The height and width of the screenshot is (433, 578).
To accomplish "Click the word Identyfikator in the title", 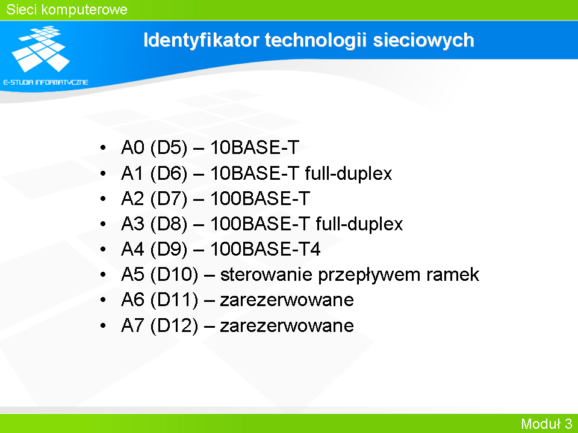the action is click(x=201, y=40).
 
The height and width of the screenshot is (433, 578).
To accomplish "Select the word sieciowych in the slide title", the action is click(x=423, y=40).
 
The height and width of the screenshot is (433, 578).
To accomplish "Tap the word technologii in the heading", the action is click(x=316, y=40).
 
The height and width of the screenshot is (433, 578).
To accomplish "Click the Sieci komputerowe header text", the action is click(x=67, y=10).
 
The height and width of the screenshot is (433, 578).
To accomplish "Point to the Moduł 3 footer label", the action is click(x=546, y=424).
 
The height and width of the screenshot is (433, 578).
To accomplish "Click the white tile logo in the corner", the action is click(x=40, y=49).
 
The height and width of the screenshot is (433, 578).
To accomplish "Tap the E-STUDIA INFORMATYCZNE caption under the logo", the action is click(x=46, y=82).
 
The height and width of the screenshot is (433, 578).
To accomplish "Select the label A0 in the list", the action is click(x=132, y=147).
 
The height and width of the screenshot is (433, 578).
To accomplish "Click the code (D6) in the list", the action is click(x=169, y=173).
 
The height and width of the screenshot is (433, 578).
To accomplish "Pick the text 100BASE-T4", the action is click(x=266, y=249).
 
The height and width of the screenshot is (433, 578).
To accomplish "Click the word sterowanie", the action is click(x=267, y=275).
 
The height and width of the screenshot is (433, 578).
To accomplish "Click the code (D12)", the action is click(x=174, y=326).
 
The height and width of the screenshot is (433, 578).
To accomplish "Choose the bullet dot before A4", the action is click(x=103, y=249).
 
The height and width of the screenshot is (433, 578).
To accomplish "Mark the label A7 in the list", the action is click(x=132, y=325).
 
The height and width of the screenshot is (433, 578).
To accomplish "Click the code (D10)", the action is click(x=174, y=275).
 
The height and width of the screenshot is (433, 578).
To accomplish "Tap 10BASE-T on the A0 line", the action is click(x=255, y=147).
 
